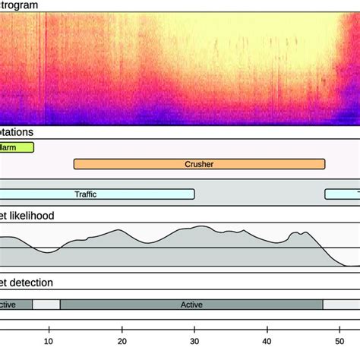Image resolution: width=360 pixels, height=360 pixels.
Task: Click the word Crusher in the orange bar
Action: click(x=199, y=163)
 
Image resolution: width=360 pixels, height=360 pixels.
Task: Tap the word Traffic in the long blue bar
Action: click(x=87, y=194)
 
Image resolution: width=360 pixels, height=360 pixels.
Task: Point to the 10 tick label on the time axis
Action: click(x=49, y=330)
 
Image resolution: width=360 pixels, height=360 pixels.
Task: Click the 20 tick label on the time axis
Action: click(x=122, y=330)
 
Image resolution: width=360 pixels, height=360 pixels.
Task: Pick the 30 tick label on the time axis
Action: click(x=194, y=330)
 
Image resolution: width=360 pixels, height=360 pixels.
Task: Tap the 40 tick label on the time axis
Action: click(x=267, y=330)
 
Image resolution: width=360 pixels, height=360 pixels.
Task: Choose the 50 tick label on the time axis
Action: click(x=340, y=330)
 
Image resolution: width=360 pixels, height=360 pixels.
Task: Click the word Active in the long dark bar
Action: click(x=191, y=305)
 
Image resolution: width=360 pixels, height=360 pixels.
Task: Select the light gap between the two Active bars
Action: click(x=46, y=305)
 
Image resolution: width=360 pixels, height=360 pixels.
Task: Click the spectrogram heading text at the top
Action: click(x=19, y=5)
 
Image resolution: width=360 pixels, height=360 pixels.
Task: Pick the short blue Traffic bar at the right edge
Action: click(x=343, y=194)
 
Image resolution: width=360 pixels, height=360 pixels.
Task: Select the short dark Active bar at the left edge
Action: click(x=15, y=305)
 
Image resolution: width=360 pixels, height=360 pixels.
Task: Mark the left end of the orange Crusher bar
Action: click(x=75, y=163)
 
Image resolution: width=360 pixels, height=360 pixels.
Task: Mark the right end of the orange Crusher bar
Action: click(x=324, y=163)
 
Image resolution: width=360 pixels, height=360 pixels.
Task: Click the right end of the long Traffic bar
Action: click(x=193, y=194)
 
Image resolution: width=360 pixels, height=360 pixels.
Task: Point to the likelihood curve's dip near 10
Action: click(x=47, y=251)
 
